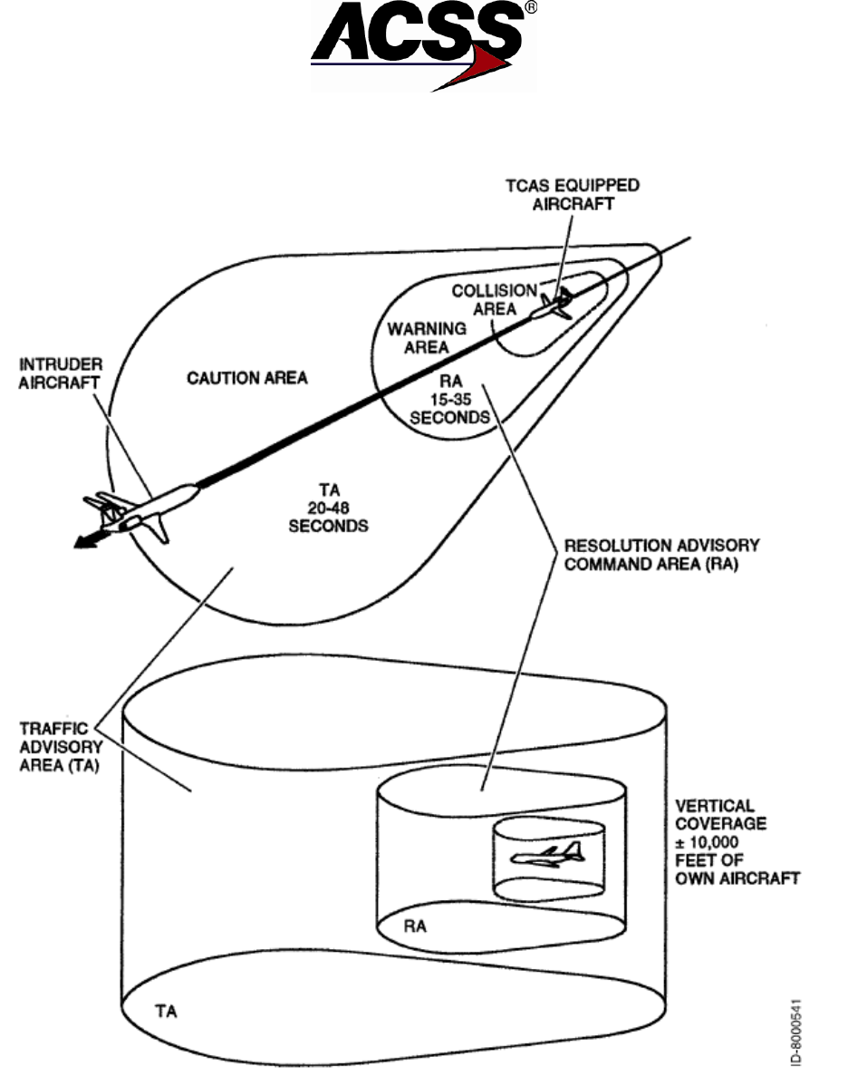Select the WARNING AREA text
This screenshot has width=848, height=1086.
pyautogui.click(x=427, y=337)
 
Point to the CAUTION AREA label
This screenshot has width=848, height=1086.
pyautogui.click(x=247, y=377)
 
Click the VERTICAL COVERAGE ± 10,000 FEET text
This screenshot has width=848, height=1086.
pyautogui.click(x=733, y=842)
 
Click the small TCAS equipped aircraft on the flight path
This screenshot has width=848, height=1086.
pyautogui.click(x=553, y=304)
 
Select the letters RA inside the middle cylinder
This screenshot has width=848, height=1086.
pyautogui.click(x=416, y=927)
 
